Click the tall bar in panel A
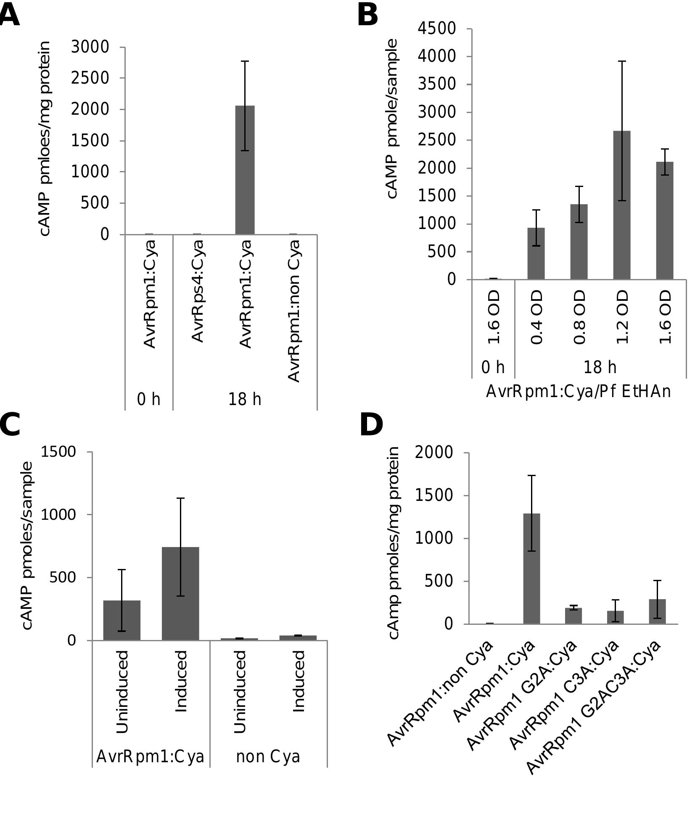(x=245, y=170)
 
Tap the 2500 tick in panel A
(x=90, y=78)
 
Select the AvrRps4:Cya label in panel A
(x=197, y=291)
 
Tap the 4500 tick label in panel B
(x=436, y=29)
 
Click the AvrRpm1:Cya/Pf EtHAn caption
(x=579, y=392)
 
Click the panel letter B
(x=367, y=16)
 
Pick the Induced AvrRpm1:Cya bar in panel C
(x=180, y=594)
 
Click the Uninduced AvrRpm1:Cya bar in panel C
(x=122, y=620)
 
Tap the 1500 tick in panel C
(x=58, y=452)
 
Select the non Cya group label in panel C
(x=268, y=757)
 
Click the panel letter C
(x=9, y=425)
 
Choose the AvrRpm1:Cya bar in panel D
(x=531, y=569)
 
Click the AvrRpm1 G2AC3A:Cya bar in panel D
(x=657, y=611)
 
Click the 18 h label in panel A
(x=245, y=399)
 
